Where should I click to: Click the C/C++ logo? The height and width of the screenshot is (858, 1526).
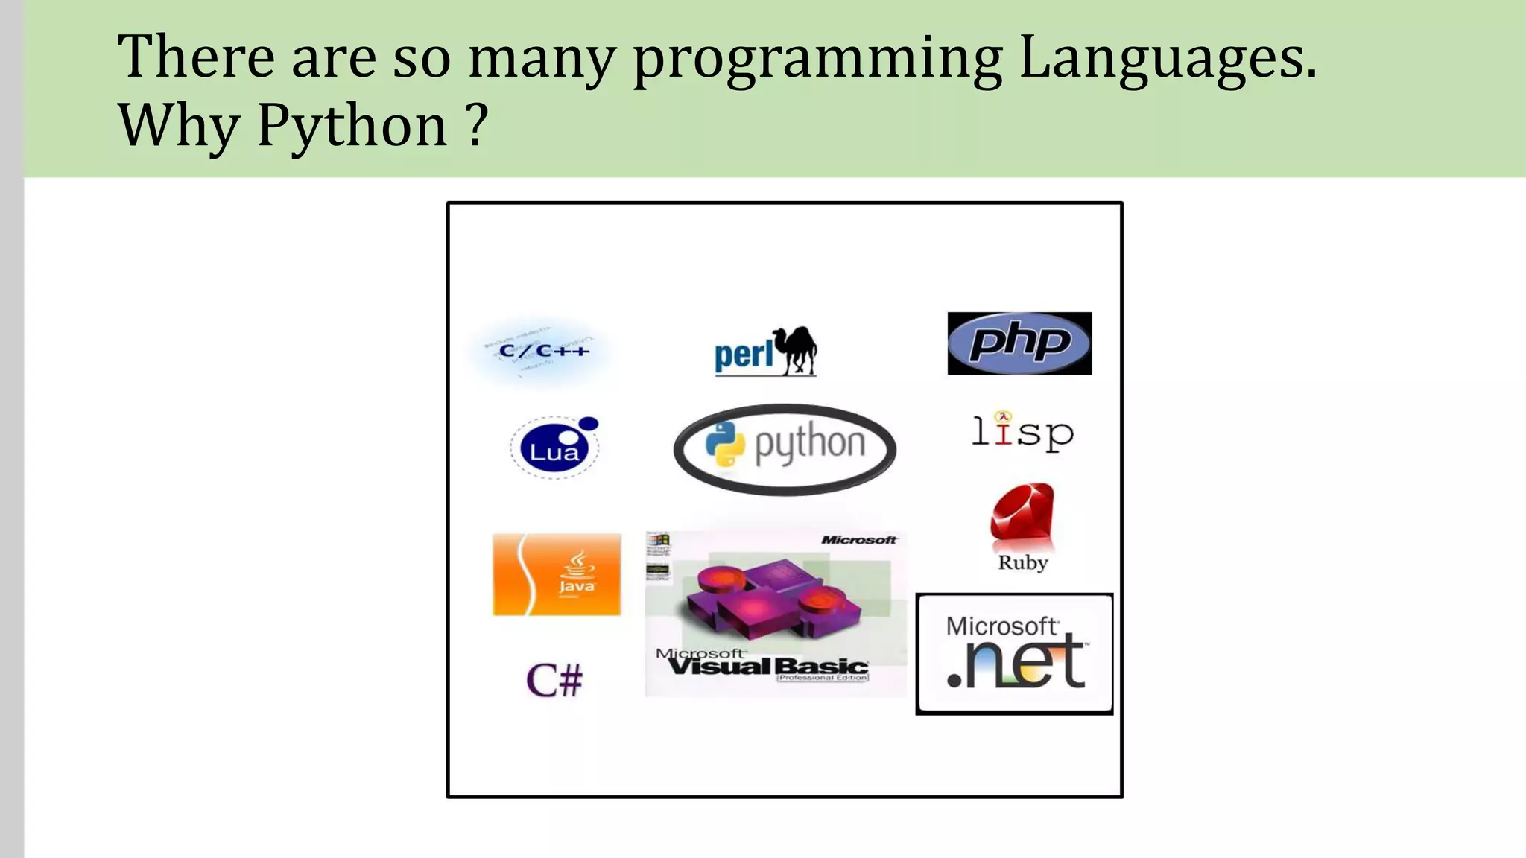tap(543, 351)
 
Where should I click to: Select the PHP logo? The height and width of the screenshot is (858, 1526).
tap(1019, 343)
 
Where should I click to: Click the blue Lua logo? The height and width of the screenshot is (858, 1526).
tap(554, 448)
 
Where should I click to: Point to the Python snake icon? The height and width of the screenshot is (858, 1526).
tap(725, 444)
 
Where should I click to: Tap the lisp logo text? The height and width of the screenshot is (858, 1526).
tap(1022, 433)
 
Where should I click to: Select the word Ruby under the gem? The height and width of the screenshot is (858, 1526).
tap(1022, 563)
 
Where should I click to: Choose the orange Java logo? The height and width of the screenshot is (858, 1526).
tap(557, 574)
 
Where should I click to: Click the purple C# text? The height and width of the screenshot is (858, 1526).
tap(554, 681)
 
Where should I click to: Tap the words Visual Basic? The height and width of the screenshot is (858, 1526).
tap(767, 666)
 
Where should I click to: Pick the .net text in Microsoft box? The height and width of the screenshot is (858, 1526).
tap(1016, 661)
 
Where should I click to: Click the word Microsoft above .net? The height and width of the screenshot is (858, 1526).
tap(1001, 626)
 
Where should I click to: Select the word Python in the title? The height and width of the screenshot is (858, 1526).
tap(352, 125)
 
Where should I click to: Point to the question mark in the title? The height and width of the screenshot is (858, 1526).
tap(479, 125)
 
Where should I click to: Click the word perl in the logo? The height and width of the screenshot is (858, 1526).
tap(744, 355)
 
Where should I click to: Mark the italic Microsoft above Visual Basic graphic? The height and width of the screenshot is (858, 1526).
tap(858, 540)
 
